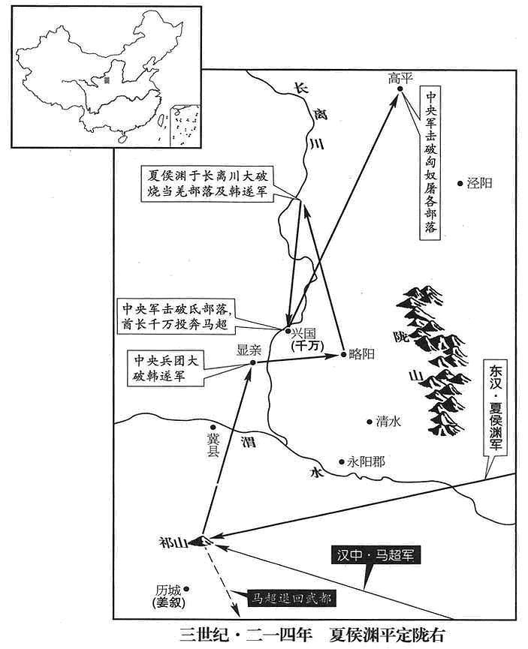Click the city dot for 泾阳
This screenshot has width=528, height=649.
[460, 183]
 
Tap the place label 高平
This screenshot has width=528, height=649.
[401, 78]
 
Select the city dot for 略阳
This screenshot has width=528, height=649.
[343, 354]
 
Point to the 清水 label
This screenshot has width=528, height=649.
[388, 422]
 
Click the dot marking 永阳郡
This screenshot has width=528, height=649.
[342, 461]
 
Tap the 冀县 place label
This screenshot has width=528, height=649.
[213, 444]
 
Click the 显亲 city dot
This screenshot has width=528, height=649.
[253, 362]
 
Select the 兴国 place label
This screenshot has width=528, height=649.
[303, 334]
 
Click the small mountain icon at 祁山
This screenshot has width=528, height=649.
[203, 540]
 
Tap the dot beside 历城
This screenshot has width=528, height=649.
[186, 588]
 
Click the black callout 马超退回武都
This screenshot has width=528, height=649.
[291, 598]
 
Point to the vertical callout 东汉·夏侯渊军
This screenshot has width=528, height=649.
[496, 407]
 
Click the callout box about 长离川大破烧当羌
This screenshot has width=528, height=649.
[207, 184]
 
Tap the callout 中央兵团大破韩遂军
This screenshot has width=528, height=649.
[166, 369]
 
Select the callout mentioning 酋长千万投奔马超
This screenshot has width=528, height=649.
[176, 317]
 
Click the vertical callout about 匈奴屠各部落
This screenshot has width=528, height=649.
[430, 163]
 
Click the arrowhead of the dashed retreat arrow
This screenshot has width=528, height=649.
[234, 610]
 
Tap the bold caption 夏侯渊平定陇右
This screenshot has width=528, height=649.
[387, 635]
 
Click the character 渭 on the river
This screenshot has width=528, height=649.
[249, 442]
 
